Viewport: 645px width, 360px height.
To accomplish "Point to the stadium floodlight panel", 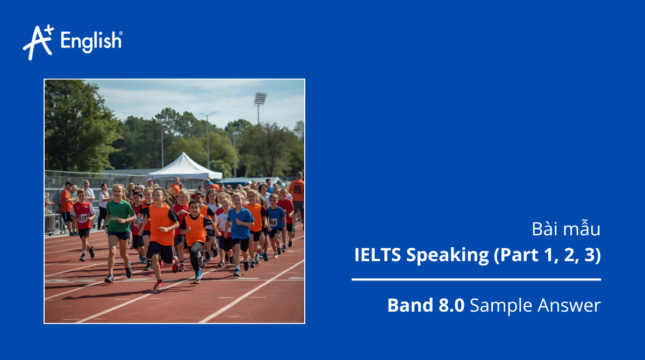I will point(260,99).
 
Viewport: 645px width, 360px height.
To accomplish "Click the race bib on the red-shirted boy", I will point(83,218).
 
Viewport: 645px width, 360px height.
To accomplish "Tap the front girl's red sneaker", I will point(158,285).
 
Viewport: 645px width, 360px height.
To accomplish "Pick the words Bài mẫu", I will point(565,229).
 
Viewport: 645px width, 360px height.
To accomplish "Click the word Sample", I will point(501,306).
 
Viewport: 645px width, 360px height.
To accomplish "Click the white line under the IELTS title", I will point(476,279).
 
